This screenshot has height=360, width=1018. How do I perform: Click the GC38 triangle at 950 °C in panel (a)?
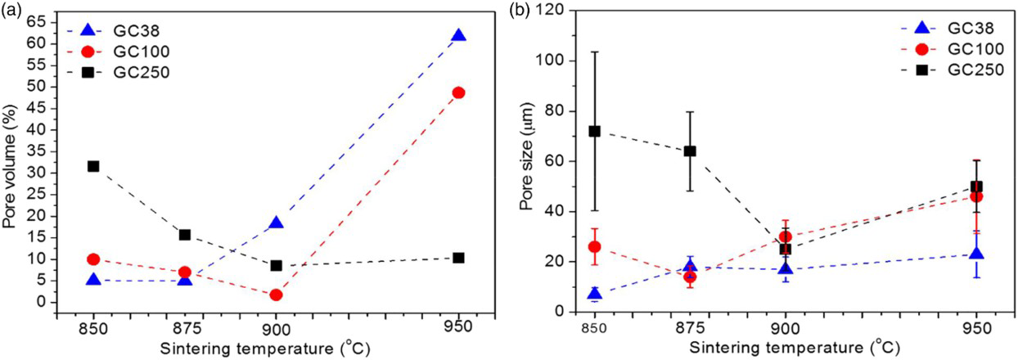tap(458, 36)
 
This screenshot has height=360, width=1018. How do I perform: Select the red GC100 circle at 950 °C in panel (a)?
tap(458, 92)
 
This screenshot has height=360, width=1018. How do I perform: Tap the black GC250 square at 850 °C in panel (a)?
tap(93, 166)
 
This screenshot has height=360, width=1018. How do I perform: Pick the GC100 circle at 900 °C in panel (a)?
tap(276, 295)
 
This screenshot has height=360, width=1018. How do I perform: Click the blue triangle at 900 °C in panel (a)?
tap(276, 223)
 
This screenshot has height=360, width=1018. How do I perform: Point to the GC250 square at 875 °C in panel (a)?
tap(185, 235)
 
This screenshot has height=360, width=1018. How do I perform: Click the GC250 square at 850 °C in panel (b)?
tap(595, 131)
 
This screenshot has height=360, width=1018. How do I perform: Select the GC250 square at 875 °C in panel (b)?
tap(690, 151)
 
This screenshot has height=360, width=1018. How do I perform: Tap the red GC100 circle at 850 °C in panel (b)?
tap(595, 246)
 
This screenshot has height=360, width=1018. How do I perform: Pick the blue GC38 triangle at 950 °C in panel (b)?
tap(976, 254)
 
